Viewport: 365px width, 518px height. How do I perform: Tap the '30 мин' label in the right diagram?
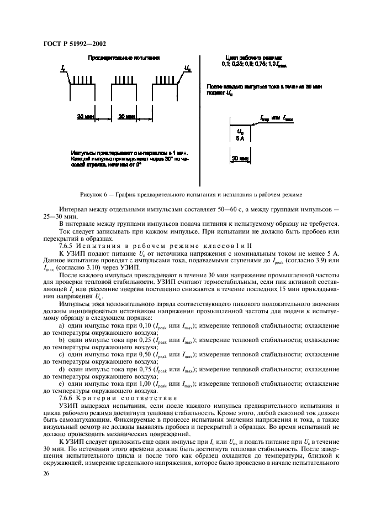point(240,158)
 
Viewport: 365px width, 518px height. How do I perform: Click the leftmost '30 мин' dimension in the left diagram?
point(85,117)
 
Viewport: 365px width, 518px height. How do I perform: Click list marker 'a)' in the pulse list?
point(61,325)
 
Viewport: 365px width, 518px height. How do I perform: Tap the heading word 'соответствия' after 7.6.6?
point(152,398)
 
